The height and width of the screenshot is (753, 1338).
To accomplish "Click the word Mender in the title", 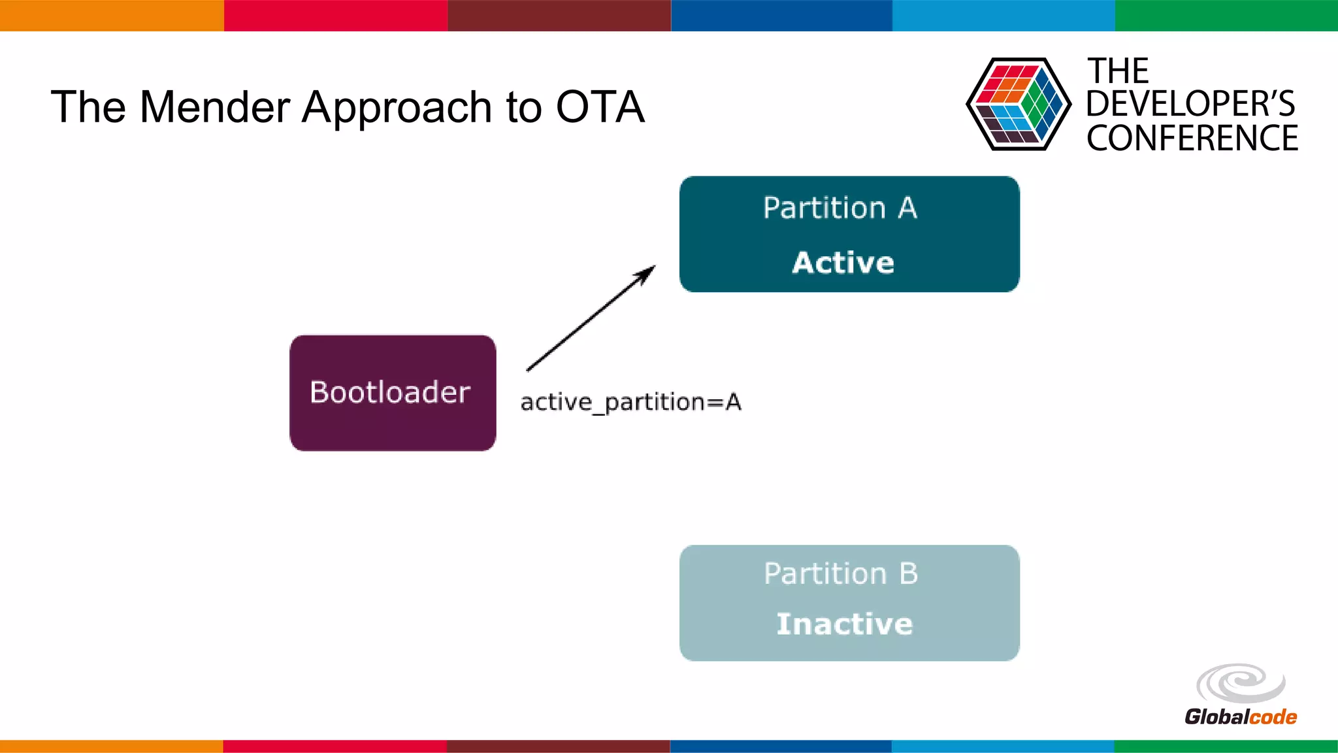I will tap(214, 107).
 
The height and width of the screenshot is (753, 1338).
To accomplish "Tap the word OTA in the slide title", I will tap(600, 107).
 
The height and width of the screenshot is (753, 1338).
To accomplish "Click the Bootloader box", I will tap(392, 393).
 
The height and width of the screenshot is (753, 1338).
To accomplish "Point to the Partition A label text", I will tap(840, 209).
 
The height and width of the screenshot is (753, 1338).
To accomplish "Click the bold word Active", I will tap(843, 263).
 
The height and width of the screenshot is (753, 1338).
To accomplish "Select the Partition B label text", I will tap(841, 574).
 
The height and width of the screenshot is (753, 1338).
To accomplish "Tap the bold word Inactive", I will tap(844, 624).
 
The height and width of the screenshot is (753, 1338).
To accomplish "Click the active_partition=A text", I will tap(630, 402).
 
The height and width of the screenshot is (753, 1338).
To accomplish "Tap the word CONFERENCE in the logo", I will tap(1192, 139).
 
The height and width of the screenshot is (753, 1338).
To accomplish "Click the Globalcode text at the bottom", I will tap(1240, 717).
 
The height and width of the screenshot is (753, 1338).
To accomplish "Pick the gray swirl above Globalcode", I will tap(1240, 684).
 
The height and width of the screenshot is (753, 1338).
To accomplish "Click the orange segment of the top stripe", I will tap(111, 15).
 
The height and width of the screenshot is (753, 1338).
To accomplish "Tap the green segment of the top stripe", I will tap(1226, 15).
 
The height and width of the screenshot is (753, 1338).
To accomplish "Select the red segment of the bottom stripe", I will tap(334, 746).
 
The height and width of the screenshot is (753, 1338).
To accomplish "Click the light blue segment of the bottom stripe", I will tap(1002, 746).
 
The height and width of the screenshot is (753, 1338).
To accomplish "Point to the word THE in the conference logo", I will tap(1117, 71).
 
